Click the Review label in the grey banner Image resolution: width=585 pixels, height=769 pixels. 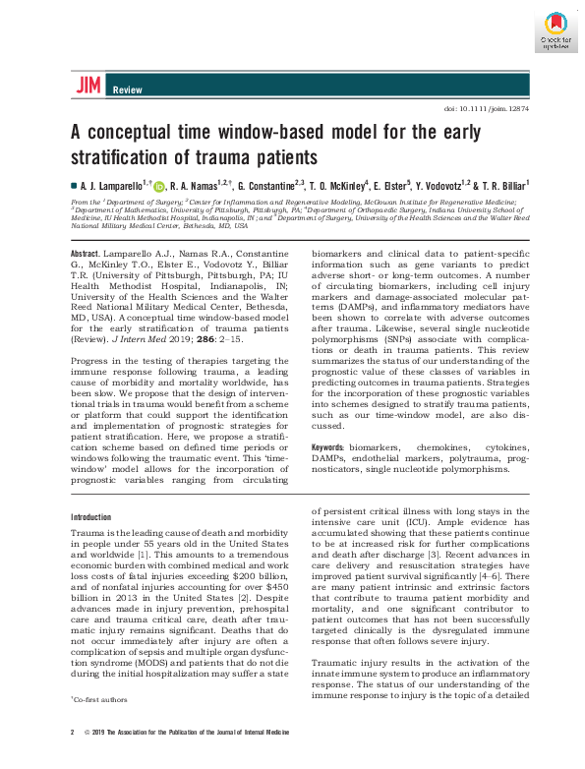tap(128, 89)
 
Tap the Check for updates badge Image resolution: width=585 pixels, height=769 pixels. tap(555, 29)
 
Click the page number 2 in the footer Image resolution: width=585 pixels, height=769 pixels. tap(73, 734)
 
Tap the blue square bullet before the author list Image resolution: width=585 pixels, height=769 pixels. tap(73, 185)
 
